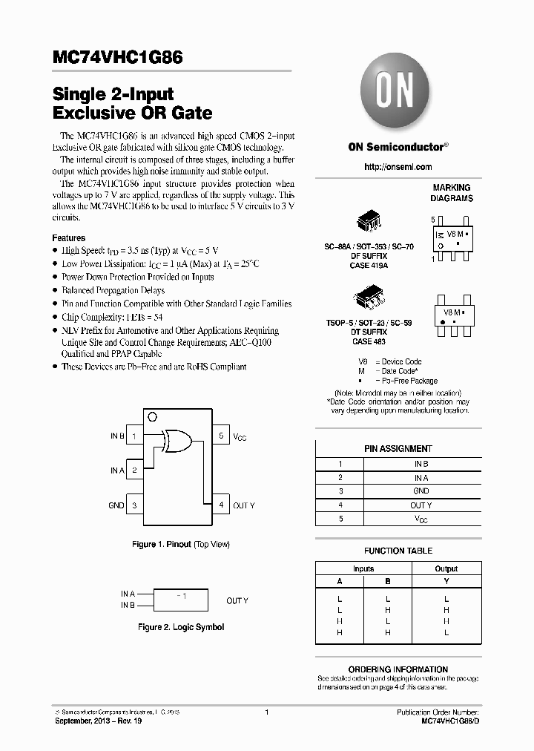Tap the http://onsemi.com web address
click(398, 167)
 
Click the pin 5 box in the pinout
click(221, 436)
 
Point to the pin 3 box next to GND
click(134, 505)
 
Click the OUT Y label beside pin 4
click(244, 505)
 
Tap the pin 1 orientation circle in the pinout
click(152, 416)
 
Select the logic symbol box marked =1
click(181, 599)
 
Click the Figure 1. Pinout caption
click(181, 545)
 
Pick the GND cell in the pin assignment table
click(421, 491)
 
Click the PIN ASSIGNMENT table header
click(398, 449)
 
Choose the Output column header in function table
click(446, 569)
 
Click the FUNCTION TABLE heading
click(398, 551)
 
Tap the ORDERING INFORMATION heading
click(398, 669)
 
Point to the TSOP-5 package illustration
click(369, 299)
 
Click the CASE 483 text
click(369, 341)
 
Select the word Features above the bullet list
click(68, 237)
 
